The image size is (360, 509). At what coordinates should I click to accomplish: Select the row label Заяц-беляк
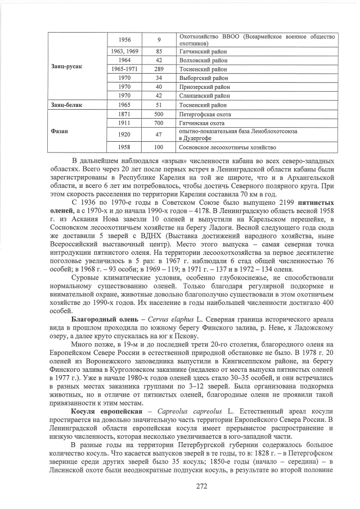(66, 105)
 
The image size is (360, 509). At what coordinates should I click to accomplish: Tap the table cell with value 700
(159, 123)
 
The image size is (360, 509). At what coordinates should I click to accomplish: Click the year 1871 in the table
(125, 114)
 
